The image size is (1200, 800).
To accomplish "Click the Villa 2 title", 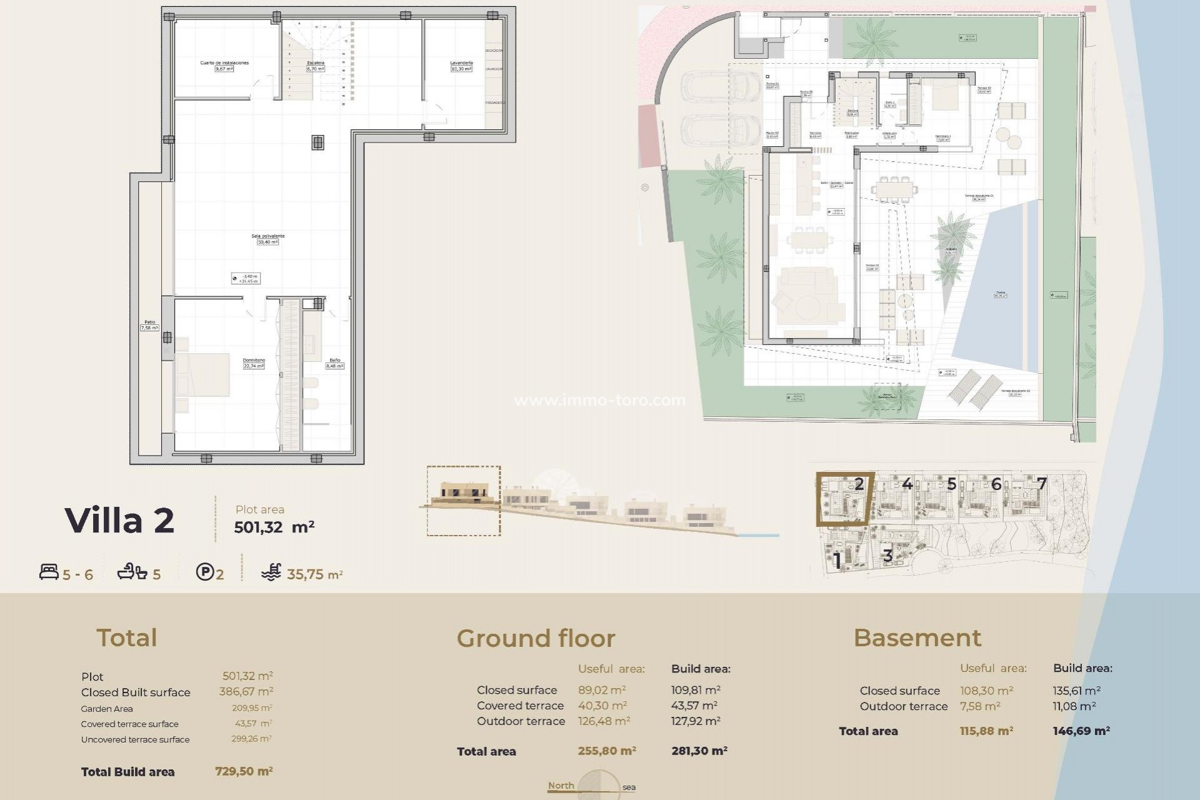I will tap(119, 520).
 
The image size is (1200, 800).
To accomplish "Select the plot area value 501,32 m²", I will tap(274, 527).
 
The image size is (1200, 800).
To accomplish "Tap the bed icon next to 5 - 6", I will tap(49, 572).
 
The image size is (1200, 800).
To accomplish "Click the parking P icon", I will tap(204, 572).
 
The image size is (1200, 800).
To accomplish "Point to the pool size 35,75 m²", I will tap(314, 574).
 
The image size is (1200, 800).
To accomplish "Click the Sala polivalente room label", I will tap(267, 236).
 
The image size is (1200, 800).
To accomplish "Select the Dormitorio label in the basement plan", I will tap(254, 361).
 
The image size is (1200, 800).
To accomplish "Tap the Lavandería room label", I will tap(461, 63).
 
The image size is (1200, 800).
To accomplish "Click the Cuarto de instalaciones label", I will tap(224, 63).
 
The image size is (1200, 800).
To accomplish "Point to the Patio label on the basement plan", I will tap(149, 322).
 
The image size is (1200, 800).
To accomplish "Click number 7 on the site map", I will tap(1041, 483).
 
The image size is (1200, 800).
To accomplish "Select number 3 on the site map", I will tap(887, 555).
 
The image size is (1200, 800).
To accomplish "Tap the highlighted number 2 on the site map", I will tap(859, 483).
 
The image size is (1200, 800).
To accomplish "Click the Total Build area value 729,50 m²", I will tap(244, 771).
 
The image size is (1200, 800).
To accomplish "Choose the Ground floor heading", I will tap(536, 638).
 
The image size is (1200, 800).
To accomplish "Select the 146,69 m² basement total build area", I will tap(1081, 731).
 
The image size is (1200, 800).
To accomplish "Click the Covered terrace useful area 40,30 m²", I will tap(602, 706).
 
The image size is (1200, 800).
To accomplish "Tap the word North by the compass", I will tap(561, 786).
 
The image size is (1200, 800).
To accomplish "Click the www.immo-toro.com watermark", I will tap(600, 400).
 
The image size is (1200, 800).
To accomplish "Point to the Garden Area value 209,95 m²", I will tap(251, 708).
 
